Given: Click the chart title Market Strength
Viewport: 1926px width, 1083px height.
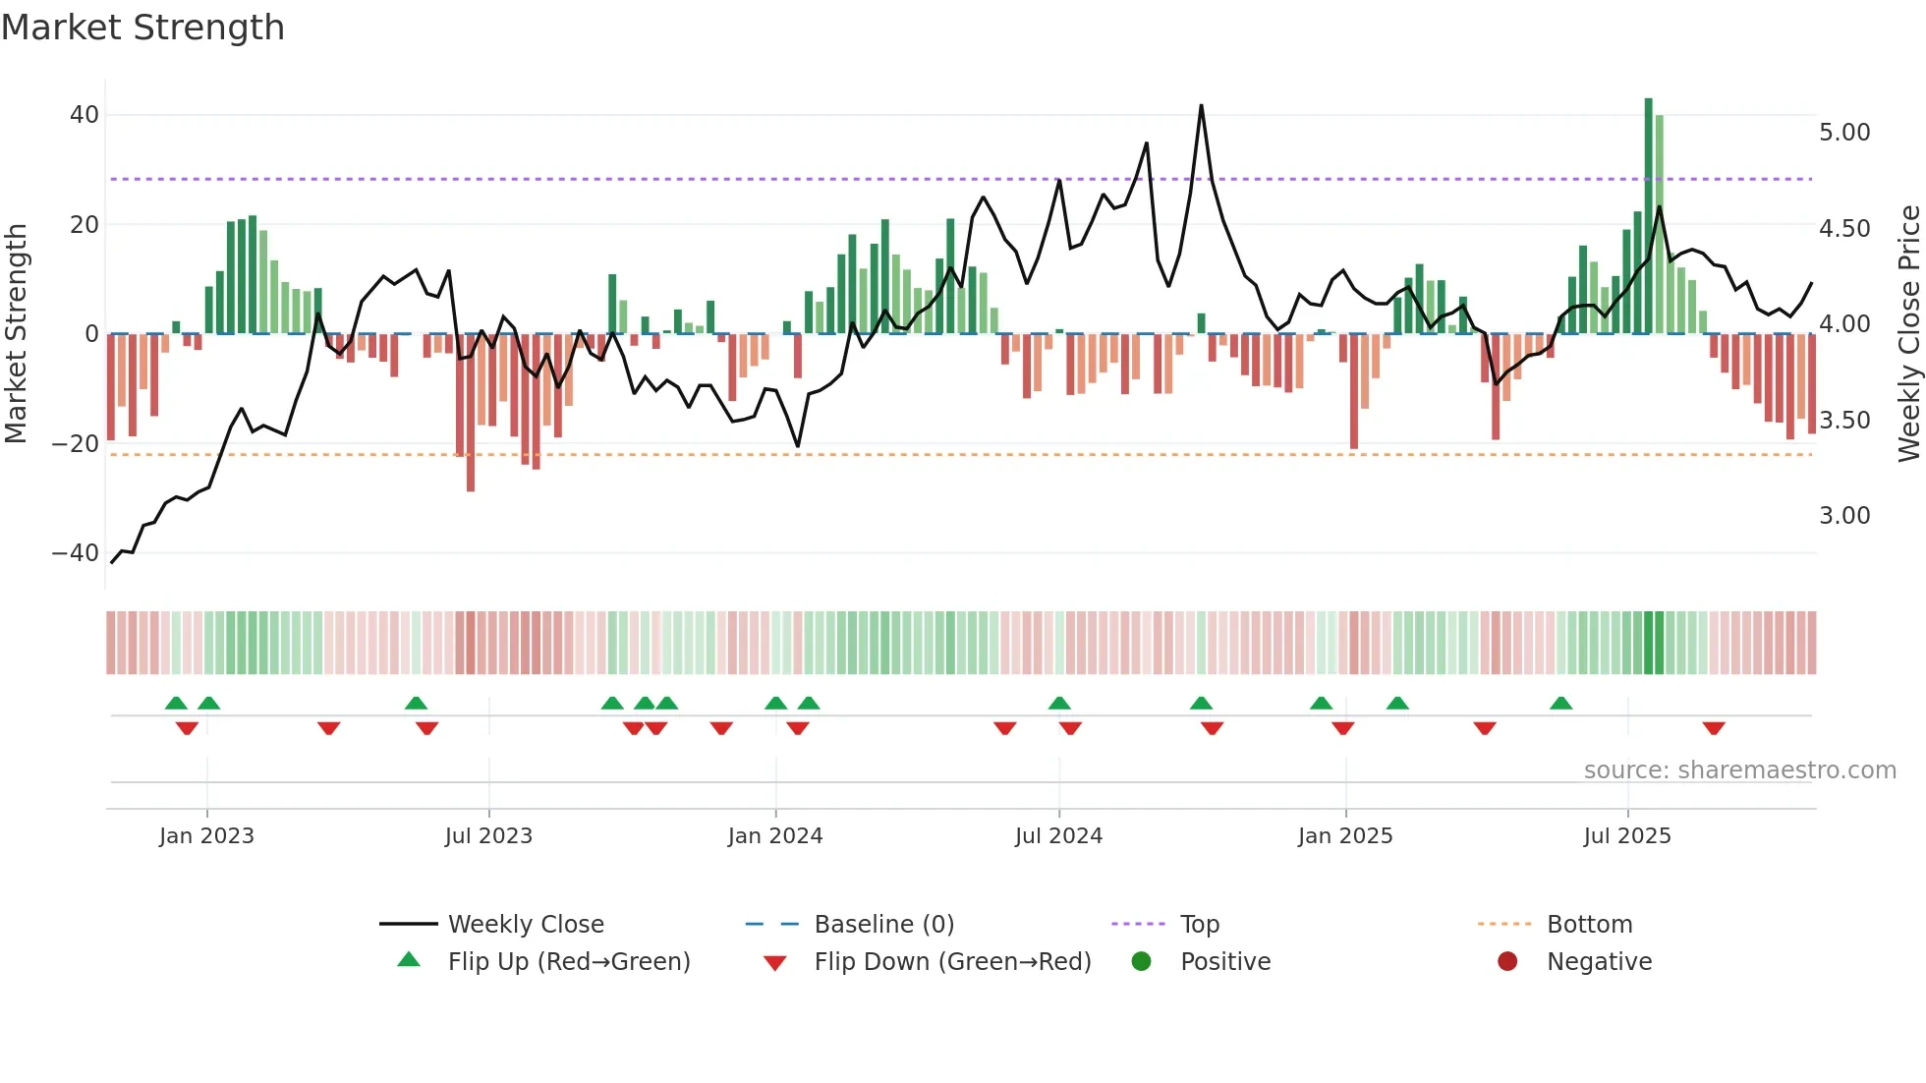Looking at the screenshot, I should pyautogui.click(x=142, y=28).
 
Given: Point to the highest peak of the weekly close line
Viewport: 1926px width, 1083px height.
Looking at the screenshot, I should pyautogui.click(x=1201, y=106).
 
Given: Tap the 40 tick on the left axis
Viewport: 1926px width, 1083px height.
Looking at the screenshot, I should pyautogui.click(x=85, y=115).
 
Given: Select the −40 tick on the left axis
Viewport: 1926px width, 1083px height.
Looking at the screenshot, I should pyautogui.click(x=76, y=553).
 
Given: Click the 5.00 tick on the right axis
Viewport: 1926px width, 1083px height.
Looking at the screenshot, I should pyautogui.click(x=1844, y=133).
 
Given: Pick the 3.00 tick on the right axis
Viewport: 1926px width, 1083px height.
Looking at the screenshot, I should pyautogui.click(x=1844, y=516).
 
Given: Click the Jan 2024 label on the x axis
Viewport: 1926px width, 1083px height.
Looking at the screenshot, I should pyautogui.click(x=775, y=836).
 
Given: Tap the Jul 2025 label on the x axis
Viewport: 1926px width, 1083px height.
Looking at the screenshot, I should pyautogui.click(x=1627, y=836).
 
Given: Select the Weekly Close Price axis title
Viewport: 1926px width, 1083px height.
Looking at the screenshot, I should pyautogui.click(x=1908, y=334).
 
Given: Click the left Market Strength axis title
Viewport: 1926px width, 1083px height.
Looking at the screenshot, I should pyautogui.click(x=17, y=334).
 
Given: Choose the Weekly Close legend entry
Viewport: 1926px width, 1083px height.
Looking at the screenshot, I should pyautogui.click(x=526, y=925).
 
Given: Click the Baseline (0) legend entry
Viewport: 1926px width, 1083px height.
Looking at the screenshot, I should pyautogui.click(x=883, y=925).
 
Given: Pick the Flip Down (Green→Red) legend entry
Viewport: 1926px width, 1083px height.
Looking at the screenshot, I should pyautogui.click(x=952, y=962).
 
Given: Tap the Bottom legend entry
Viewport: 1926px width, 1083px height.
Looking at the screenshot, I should pyautogui.click(x=1589, y=925).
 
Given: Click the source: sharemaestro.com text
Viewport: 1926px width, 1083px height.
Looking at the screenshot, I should pyautogui.click(x=1739, y=770).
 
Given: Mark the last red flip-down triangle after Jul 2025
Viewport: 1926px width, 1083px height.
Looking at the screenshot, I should pyautogui.click(x=1714, y=728).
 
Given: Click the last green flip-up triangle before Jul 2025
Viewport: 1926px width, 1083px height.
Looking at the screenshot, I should pyautogui.click(x=1561, y=703).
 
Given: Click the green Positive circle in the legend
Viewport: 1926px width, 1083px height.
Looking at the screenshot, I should pyautogui.click(x=1141, y=962).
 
